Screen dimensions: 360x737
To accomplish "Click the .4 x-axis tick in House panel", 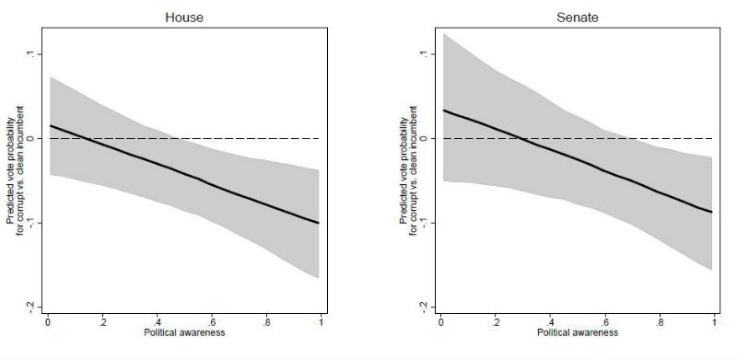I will point(158,323).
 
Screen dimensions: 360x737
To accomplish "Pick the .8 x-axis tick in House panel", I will point(266,323).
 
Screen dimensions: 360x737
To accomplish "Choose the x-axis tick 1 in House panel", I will point(321,323).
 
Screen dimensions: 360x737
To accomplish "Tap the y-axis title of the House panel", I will point(12,180).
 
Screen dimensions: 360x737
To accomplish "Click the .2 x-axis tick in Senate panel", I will point(496,323).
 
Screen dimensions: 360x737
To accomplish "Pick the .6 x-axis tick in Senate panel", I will point(605,323).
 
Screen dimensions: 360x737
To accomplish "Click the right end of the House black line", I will point(320,223).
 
